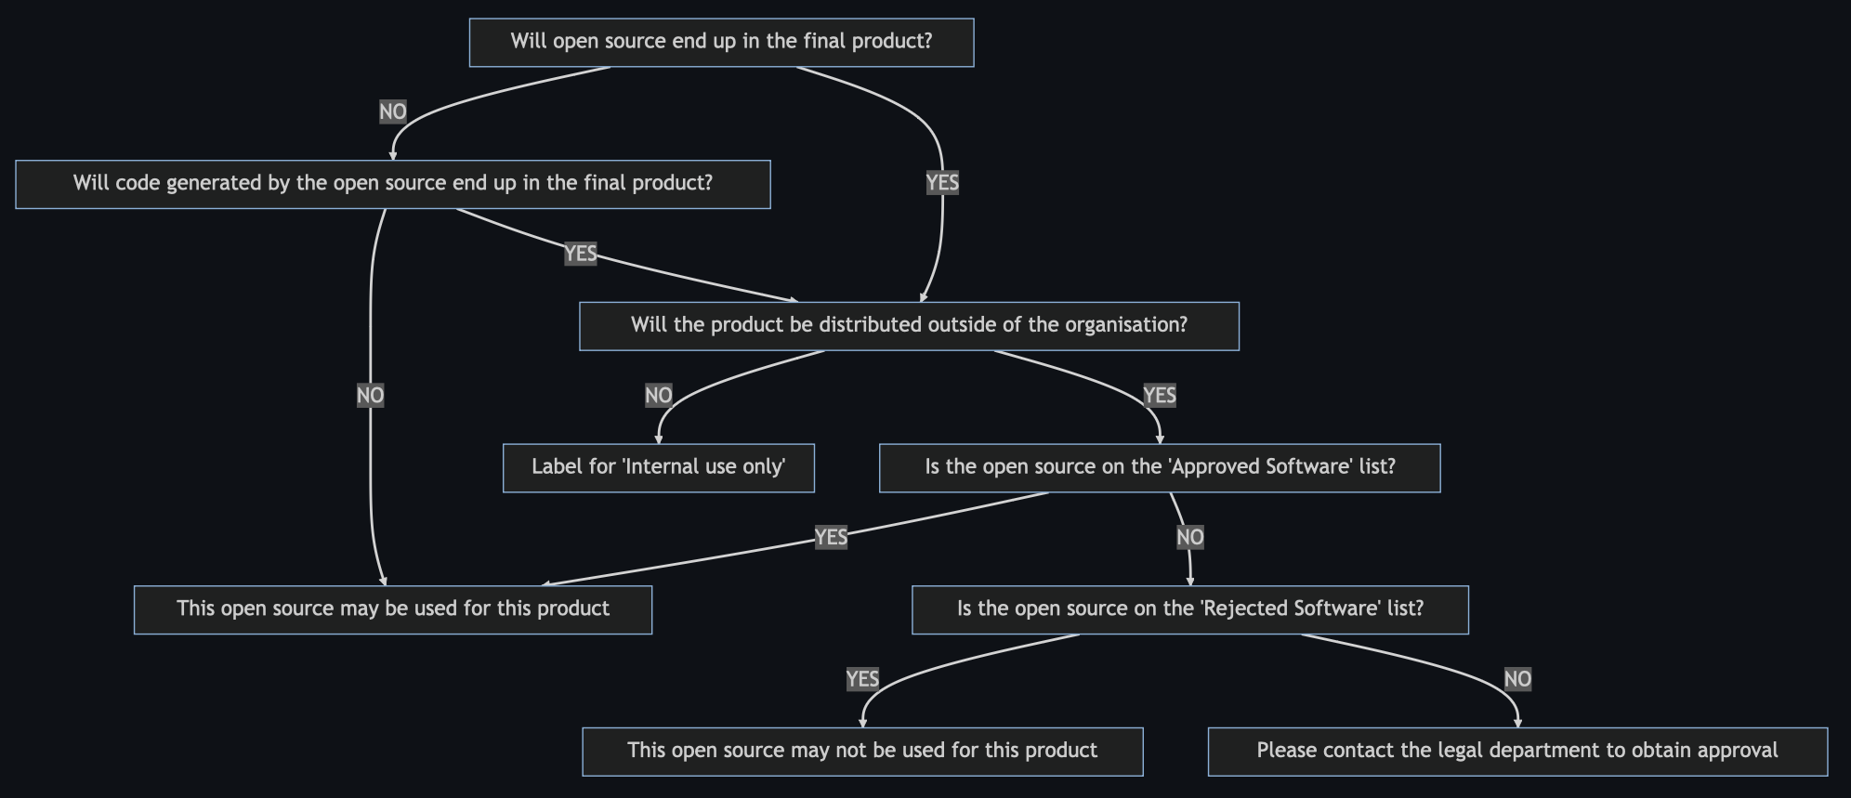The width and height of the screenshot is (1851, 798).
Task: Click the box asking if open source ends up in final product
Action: click(722, 42)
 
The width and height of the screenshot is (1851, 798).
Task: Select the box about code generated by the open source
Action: click(393, 184)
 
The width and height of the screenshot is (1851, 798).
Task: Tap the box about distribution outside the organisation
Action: click(909, 326)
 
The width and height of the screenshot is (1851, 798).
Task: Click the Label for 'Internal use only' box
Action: click(659, 467)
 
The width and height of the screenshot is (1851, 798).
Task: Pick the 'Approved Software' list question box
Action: click(1160, 467)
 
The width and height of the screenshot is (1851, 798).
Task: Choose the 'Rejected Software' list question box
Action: click(1190, 609)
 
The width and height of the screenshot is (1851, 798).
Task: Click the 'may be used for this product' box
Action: click(393, 609)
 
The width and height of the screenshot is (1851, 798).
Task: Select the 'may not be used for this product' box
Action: click(862, 752)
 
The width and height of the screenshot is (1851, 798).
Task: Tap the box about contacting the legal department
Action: click(1517, 752)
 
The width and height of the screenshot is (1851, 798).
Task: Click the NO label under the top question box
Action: click(393, 111)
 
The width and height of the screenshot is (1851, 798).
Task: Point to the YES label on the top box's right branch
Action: click(942, 182)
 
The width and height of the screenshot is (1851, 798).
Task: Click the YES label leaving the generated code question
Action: click(581, 254)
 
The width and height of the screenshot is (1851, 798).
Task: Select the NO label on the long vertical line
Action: click(370, 396)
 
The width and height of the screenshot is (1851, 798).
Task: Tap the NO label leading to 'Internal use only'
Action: click(659, 396)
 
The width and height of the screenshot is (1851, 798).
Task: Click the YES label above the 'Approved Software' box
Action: click(1160, 396)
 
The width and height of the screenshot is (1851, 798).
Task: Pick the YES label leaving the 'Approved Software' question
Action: click(831, 537)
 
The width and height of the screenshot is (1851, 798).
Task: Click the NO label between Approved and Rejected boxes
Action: click(1190, 537)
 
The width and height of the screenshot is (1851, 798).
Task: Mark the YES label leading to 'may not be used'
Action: click(862, 679)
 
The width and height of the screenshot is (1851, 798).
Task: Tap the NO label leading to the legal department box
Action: click(1517, 679)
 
